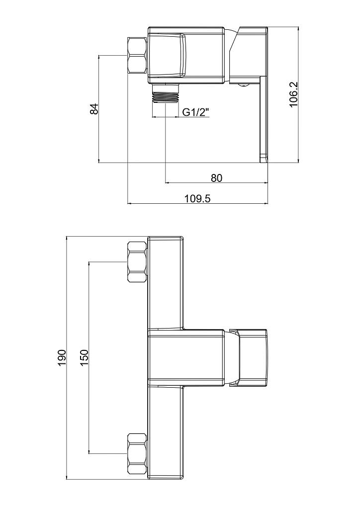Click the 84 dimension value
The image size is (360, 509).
[x=94, y=109]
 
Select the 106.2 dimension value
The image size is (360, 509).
[x=293, y=95]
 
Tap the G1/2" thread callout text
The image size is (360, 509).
[x=195, y=112]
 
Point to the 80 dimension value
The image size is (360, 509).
[x=216, y=178]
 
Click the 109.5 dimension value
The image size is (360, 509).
[x=198, y=198]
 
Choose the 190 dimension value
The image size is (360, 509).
[x=62, y=357]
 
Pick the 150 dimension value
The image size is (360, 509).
[x=84, y=357]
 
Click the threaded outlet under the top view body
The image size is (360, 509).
[x=166, y=94]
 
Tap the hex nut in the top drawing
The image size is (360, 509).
[x=137, y=56]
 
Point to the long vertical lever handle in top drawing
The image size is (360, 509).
[x=263, y=119]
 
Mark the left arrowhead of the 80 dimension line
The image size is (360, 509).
[x=168, y=183]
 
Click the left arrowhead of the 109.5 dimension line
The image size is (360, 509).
[x=130, y=203]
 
